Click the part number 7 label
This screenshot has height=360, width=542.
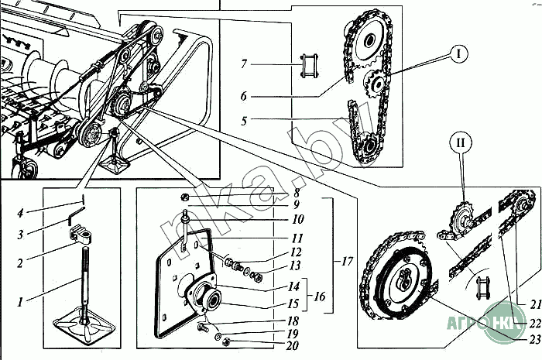243,63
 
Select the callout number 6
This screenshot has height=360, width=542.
243,97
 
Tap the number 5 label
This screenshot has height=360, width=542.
243,121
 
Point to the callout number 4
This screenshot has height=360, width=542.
22,212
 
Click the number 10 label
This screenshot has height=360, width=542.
298,220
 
